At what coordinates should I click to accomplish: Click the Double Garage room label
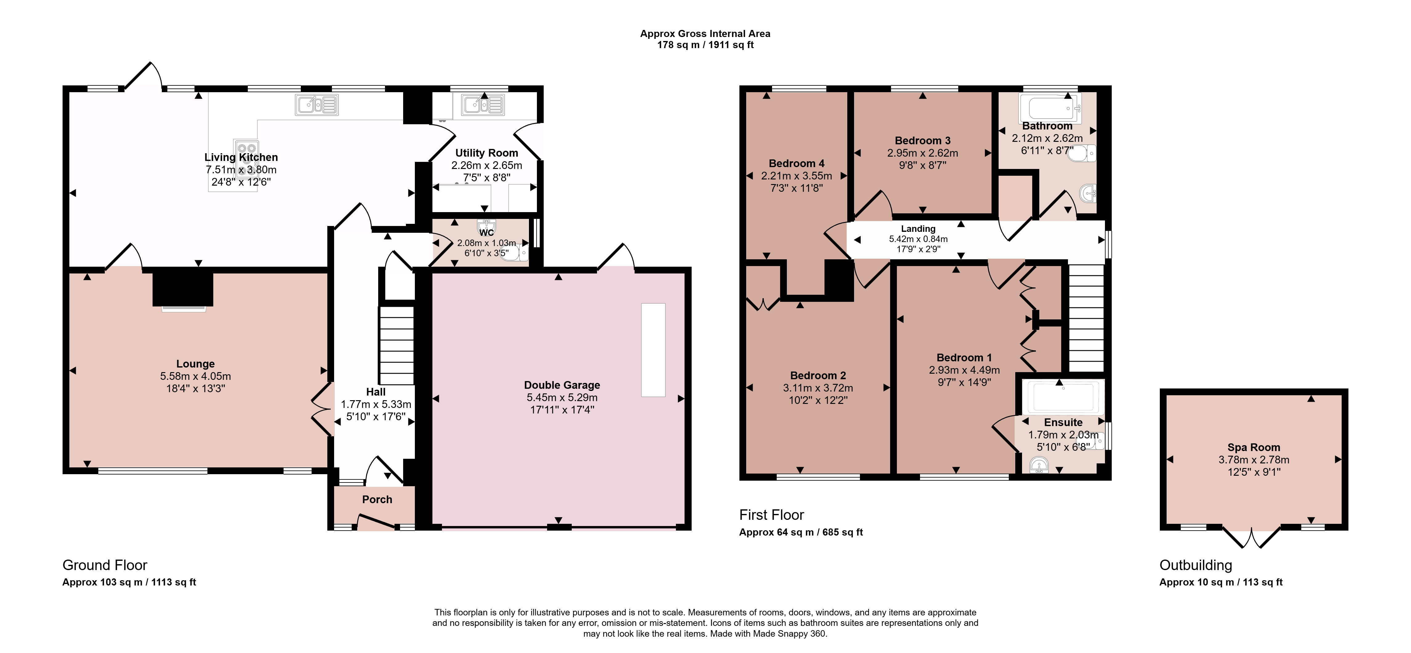(x=562, y=385)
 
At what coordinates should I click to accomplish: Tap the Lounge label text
(x=195, y=364)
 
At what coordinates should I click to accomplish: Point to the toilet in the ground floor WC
(x=515, y=253)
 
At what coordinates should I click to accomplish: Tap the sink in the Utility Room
(x=483, y=105)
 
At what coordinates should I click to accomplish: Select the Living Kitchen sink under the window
(x=317, y=105)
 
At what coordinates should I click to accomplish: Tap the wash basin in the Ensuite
(x=1039, y=466)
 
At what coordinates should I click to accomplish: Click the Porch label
(x=377, y=499)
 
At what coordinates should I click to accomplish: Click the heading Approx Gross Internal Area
(x=705, y=33)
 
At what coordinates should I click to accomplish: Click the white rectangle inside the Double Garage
(x=653, y=350)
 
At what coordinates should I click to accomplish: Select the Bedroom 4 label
(x=796, y=163)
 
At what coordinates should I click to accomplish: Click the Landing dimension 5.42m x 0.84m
(x=918, y=239)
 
